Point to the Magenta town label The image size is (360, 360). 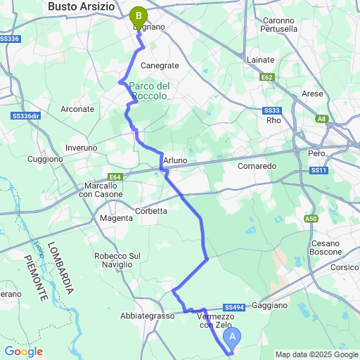(116, 218)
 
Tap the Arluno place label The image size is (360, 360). (175, 161)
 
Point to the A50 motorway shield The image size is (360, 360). (311, 219)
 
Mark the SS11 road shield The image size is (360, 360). (319, 170)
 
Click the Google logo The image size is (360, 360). (23, 351)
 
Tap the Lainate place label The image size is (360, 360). (260, 60)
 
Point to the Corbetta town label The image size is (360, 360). (151, 210)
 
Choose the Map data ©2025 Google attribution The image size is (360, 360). (316, 354)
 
